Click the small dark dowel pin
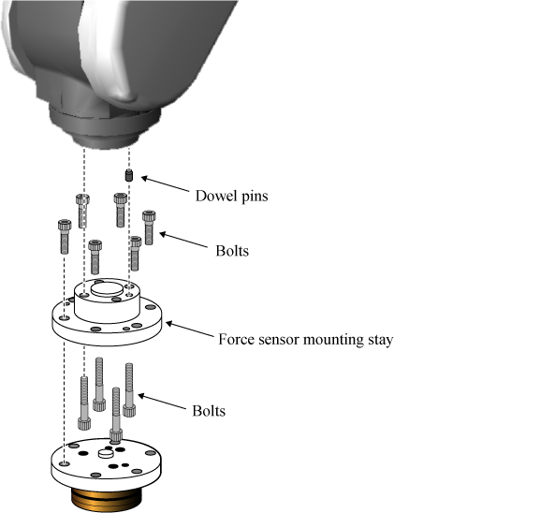pos(129,175)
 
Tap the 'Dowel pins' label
pos(232,196)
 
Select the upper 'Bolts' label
pos(232,251)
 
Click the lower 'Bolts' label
pos(209,411)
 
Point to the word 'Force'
pos(236,340)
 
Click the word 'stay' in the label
pos(381,340)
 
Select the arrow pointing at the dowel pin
pos(166,184)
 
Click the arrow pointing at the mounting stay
pos(190,330)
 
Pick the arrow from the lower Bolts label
pos(162,402)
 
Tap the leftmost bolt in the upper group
pos(65,237)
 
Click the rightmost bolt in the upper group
pos(149,227)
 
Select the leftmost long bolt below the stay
pos(84,403)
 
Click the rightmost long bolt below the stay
pos(129,390)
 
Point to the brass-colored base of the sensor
pos(107,500)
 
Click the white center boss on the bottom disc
pos(106,453)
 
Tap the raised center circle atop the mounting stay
pos(107,288)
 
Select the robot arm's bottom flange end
pos(106,142)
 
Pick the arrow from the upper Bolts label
pos(183,241)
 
